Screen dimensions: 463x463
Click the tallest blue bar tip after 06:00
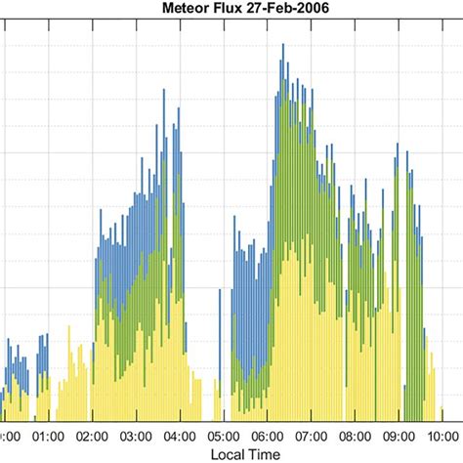click(x=282, y=45)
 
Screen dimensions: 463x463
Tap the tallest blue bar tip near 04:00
click(x=161, y=93)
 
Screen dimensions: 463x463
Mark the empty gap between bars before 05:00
click(x=208, y=391)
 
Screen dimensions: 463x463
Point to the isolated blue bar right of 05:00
click(x=235, y=234)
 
